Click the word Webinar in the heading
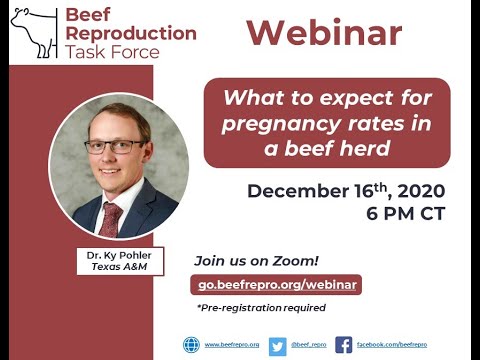(324, 32)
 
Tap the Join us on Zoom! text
(244, 260)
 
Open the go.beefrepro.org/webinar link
(276, 284)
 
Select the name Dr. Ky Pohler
(117, 256)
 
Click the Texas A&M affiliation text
(117, 268)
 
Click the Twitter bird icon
(277, 345)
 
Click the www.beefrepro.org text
(232, 345)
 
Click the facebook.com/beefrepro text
(392, 345)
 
